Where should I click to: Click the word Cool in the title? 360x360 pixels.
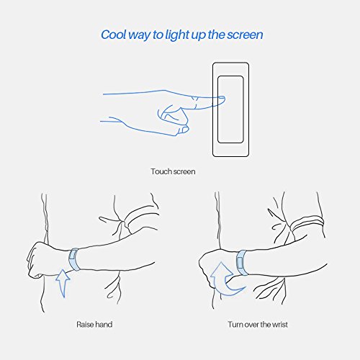[114, 35]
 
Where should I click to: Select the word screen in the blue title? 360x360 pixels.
[245, 35]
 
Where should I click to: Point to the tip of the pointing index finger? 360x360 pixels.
[225, 98]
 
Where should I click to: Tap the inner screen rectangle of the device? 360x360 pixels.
[230, 109]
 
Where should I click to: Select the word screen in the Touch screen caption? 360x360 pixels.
[184, 172]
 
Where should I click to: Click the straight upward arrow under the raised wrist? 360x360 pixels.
[63, 283]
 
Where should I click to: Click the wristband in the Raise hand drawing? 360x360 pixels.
[74, 260]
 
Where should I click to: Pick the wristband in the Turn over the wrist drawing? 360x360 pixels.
[242, 262]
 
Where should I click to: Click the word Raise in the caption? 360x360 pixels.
[85, 325]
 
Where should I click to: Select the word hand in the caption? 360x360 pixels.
[103, 325]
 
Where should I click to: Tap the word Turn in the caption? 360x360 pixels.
[235, 325]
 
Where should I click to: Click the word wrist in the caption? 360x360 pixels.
[280, 325]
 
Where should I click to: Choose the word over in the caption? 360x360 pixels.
[251, 325]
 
